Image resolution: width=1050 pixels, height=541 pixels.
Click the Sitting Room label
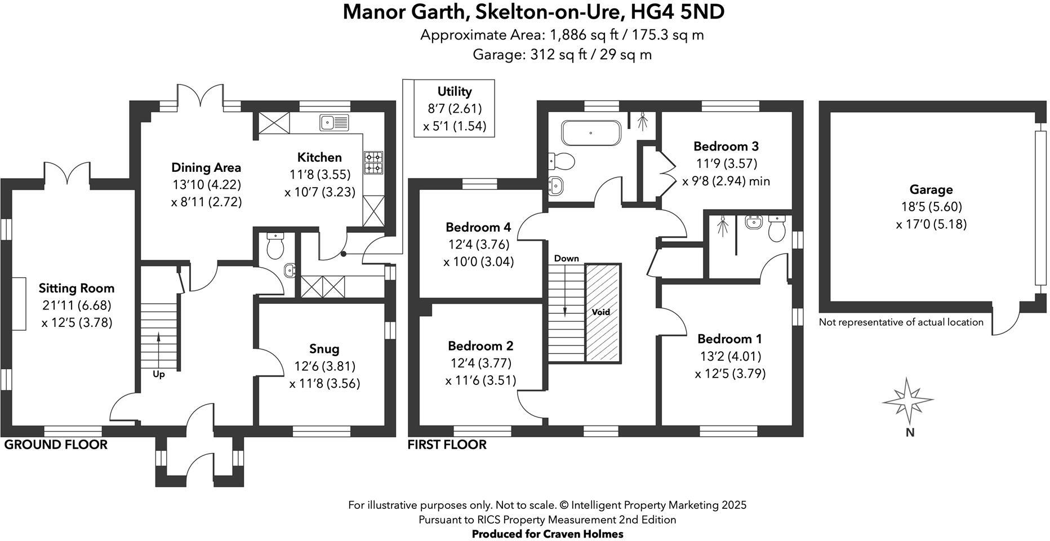76,289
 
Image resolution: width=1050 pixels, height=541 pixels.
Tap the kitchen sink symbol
333,122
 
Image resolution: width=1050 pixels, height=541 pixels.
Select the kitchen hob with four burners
373,162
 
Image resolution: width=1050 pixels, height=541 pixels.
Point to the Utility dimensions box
454,108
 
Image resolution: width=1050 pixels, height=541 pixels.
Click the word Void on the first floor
600,312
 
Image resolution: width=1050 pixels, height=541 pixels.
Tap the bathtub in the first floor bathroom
590,133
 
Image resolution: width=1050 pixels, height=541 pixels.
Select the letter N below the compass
910,433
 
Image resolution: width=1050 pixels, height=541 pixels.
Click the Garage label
931,190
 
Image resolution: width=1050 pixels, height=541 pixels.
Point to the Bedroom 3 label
726,147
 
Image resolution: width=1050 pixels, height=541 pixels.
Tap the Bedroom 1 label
729,339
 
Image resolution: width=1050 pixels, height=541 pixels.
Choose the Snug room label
324,348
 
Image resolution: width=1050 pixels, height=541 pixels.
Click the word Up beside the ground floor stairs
159,374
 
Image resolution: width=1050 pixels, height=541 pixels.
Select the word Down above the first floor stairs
566,258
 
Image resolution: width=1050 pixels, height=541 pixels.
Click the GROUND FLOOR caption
56,445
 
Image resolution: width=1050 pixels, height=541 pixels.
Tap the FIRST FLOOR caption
447,445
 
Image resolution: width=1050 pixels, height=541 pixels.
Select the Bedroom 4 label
478,227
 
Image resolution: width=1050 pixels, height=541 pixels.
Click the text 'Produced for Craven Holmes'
547,534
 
